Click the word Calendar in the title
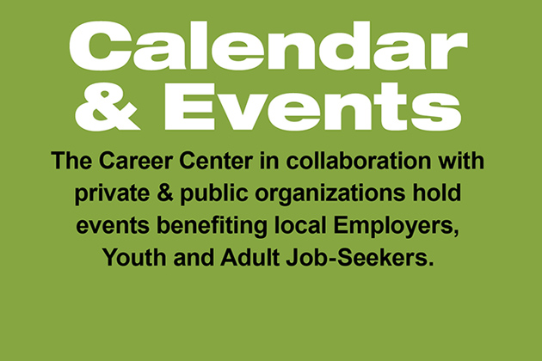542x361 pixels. click(x=268, y=46)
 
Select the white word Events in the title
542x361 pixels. click(x=313, y=107)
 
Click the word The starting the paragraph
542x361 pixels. click(x=71, y=161)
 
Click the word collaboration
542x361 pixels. click(x=359, y=161)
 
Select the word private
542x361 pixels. click(x=113, y=193)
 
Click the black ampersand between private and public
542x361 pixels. click(x=165, y=193)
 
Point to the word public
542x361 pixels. click(x=214, y=193)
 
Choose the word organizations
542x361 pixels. click(x=330, y=193)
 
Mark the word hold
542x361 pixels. click(x=436, y=193)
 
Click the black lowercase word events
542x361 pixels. click(x=113, y=226)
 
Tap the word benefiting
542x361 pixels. click(x=212, y=226)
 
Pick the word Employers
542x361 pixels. click(x=396, y=227)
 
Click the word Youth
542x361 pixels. click(x=134, y=257)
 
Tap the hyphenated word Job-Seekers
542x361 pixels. click(x=360, y=257)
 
